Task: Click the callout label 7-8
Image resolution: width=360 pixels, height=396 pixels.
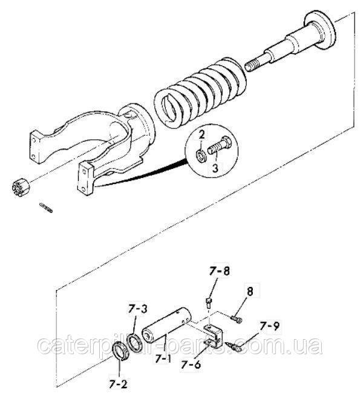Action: tap(219, 271)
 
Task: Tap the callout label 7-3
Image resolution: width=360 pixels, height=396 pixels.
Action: tap(137, 309)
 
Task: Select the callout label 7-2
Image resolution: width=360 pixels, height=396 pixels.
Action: tap(119, 384)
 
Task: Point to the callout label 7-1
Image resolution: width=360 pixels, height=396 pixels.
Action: tap(163, 358)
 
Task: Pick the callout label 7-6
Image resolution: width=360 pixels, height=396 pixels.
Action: tap(191, 365)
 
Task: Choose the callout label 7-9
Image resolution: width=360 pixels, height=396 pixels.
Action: tap(269, 326)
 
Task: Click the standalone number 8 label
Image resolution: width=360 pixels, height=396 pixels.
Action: tap(250, 291)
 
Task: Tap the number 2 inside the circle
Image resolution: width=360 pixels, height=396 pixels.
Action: tap(201, 135)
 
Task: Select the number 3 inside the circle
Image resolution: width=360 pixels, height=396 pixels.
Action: tap(215, 168)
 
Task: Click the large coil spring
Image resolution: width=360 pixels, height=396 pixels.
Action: tap(200, 93)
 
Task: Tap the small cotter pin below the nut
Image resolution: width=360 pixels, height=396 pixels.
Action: tap(46, 207)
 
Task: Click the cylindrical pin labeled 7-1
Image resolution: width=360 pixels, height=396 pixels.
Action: tap(166, 323)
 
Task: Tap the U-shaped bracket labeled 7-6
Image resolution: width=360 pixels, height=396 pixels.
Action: tap(212, 336)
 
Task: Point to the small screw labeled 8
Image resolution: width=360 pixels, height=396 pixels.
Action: tap(237, 318)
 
